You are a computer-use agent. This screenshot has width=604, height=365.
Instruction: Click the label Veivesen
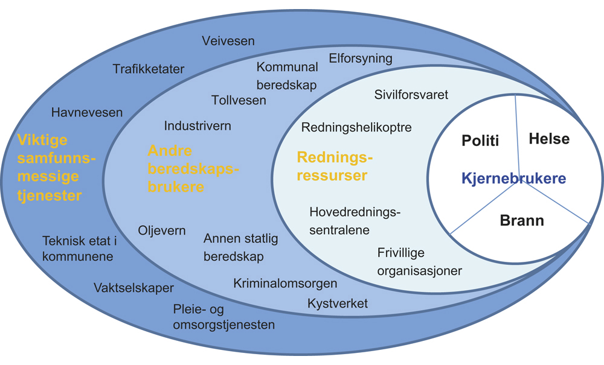coord(228,41)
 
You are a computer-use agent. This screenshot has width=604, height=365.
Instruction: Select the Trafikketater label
coord(149,69)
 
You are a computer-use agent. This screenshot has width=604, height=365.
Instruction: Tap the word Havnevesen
coord(87,112)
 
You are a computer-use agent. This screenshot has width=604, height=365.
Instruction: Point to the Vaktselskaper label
coord(133,288)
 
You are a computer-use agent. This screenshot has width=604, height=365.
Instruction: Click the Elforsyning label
coord(361,59)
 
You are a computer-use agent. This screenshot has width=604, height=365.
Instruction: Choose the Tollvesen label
coord(239,100)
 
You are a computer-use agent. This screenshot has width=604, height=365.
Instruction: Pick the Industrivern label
coord(198,126)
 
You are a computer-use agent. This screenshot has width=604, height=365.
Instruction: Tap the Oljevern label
coord(162,231)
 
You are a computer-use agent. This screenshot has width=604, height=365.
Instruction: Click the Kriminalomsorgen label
coord(285,283)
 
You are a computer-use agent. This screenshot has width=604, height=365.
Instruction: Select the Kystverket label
coord(338,303)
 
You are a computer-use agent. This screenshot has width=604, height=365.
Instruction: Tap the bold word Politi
coord(480,141)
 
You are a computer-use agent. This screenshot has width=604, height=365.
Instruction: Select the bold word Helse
coord(549,139)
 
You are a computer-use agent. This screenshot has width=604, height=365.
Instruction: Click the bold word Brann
coord(522,220)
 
